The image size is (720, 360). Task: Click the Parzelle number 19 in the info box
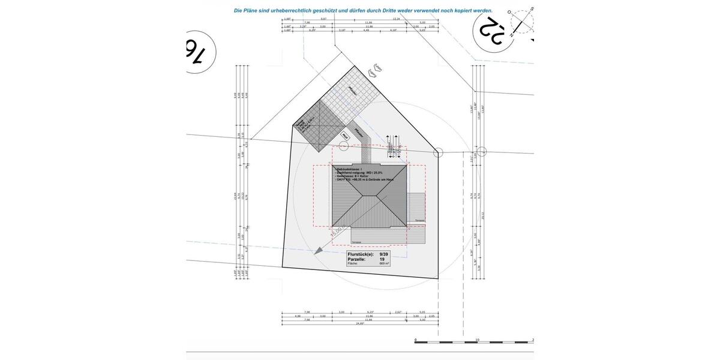391,259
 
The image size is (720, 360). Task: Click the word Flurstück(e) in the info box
360,254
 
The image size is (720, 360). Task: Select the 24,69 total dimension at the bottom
359,323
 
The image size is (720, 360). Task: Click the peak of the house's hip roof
368,195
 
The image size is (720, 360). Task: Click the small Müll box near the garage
346,136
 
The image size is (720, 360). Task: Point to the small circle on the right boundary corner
439,153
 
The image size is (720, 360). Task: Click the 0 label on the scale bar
415,340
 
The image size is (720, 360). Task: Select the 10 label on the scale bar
477,340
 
